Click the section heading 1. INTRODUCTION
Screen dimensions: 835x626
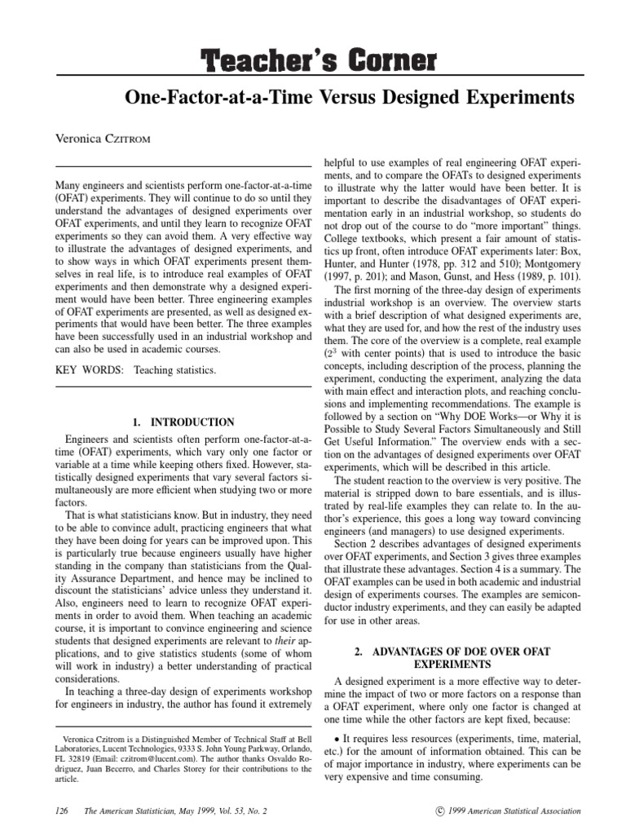[x=183, y=422]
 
